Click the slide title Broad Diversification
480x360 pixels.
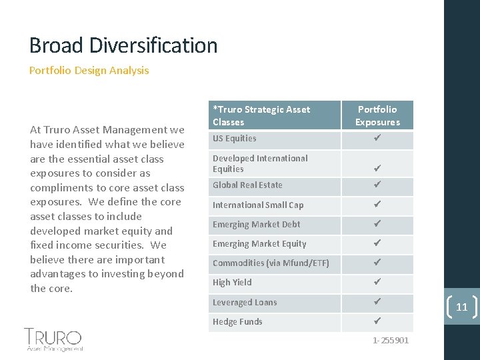click(123, 45)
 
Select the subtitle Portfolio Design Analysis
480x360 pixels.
click(89, 70)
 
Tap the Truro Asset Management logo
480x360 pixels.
click(53, 339)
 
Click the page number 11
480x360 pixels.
click(461, 307)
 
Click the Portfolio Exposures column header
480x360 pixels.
click(377, 115)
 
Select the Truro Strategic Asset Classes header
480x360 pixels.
click(261, 115)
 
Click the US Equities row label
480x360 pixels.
click(234, 139)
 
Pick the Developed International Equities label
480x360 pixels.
click(260, 163)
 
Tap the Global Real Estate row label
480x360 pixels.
click(247, 185)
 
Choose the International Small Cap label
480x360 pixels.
click(257, 205)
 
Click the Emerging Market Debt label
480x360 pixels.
click(256, 225)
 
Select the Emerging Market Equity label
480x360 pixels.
click(259, 244)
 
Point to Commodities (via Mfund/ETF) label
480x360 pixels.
click(271, 263)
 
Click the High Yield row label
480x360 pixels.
click(232, 283)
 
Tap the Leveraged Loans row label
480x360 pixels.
click(245, 303)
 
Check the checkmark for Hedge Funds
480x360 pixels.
click(377, 321)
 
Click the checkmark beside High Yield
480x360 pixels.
click(377, 283)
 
